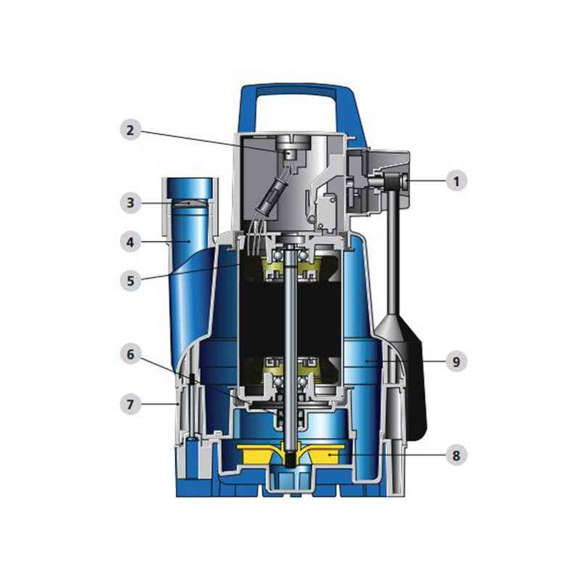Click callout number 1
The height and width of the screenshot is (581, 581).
(x=456, y=181)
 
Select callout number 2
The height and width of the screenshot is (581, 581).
(x=130, y=130)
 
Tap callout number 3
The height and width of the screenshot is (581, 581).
(x=130, y=203)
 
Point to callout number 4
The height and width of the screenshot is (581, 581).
(x=130, y=243)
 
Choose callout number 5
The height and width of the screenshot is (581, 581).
(x=130, y=280)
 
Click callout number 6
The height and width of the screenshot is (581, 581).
(x=130, y=354)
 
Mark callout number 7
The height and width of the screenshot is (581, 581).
(x=130, y=404)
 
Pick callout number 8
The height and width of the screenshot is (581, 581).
(x=456, y=455)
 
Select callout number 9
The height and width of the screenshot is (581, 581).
(x=456, y=361)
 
